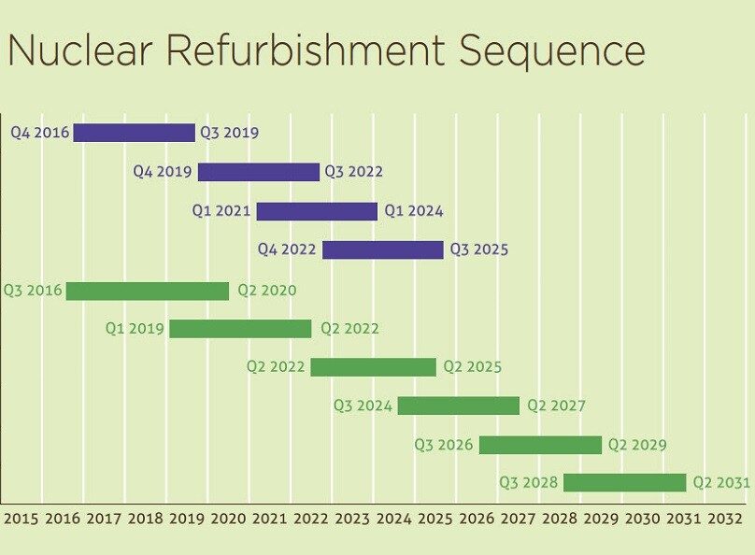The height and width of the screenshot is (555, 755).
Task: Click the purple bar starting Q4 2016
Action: (x=135, y=133)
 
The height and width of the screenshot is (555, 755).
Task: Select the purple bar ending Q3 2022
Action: (x=258, y=172)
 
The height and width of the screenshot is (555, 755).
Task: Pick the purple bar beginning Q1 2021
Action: (x=317, y=211)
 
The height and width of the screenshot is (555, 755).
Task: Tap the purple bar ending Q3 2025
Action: (x=382, y=249)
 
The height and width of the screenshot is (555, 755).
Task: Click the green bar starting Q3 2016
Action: (x=148, y=291)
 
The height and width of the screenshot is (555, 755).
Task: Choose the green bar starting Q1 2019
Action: (x=240, y=329)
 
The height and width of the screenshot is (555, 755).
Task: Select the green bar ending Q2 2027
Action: (x=458, y=406)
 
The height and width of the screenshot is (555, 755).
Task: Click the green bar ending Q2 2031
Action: (x=624, y=482)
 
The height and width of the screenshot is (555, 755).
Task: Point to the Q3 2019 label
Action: (x=230, y=133)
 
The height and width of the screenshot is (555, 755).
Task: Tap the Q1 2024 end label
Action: (x=414, y=211)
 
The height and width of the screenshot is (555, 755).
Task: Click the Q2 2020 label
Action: (x=266, y=291)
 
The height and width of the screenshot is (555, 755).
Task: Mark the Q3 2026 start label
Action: (x=444, y=445)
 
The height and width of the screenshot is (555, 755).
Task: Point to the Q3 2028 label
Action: (x=528, y=483)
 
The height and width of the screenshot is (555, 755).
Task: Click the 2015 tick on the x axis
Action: (x=21, y=519)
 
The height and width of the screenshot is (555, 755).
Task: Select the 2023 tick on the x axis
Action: (x=352, y=519)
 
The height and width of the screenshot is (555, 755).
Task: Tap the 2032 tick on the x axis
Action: (x=725, y=519)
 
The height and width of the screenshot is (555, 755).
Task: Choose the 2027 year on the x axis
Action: (x=519, y=519)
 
